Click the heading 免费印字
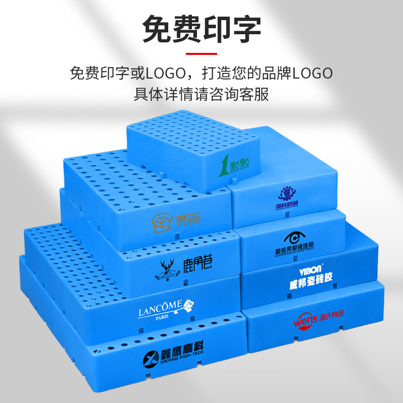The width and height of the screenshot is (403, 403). (201, 30)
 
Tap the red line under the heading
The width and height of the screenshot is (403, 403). (201, 53)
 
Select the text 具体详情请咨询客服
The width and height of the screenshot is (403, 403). (201, 94)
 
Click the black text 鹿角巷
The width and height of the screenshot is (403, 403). (194, 264)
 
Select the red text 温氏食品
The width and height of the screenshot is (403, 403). (334, 318)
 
